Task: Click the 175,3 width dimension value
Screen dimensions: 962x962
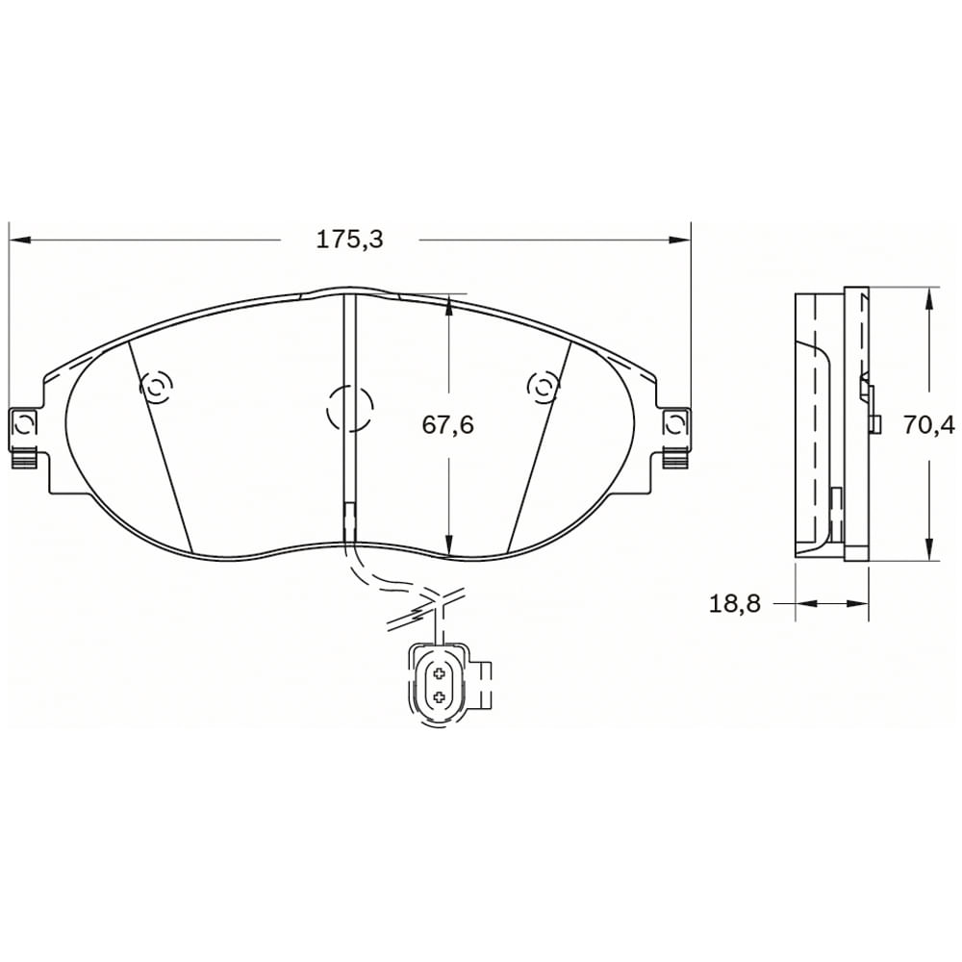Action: click(x=349, y=240)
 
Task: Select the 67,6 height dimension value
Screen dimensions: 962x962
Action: click(x=448, y=424)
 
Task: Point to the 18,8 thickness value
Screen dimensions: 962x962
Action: click(x=735, y=603)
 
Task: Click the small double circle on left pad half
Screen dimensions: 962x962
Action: click(x=156, y=388)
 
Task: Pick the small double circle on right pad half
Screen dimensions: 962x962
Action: click(x=543, y=387)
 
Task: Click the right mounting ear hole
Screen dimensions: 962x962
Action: click(x=675, y=423)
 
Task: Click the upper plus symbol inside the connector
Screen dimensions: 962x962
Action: click(x=439, y=672)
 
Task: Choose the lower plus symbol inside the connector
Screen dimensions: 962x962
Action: click(x=439, y=695)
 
